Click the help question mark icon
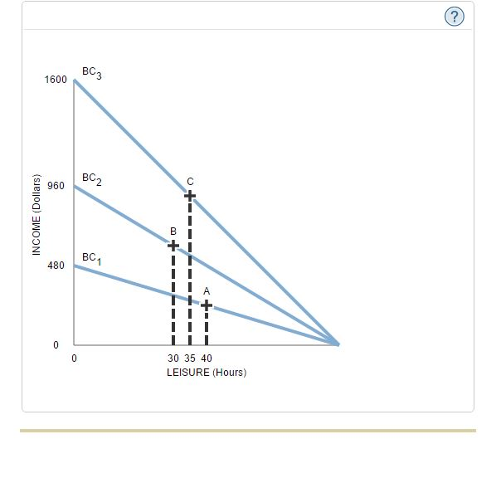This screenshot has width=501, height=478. point(454,17)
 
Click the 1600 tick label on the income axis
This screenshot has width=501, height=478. point(56,80)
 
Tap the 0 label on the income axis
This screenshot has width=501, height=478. point(56,344)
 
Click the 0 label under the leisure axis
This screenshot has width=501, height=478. point(74,358)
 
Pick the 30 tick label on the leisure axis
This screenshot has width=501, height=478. point(173,358)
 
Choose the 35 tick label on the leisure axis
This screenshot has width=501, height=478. point(190,358)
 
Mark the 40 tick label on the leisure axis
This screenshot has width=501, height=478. point(207,358)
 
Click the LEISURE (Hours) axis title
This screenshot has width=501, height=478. point(206,372)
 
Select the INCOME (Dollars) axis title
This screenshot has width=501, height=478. point(36,216)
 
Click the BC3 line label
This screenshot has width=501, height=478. point(92,72)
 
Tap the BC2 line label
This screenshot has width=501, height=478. point(92,179)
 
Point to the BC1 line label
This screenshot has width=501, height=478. point(92,259)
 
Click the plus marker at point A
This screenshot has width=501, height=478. point(207,305)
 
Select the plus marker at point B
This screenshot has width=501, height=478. point(173,245)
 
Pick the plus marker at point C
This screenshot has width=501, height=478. point(190,195)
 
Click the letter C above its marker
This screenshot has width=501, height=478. point(190,182)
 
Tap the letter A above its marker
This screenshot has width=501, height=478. point(207,291)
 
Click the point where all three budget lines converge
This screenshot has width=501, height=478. point(338,344)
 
